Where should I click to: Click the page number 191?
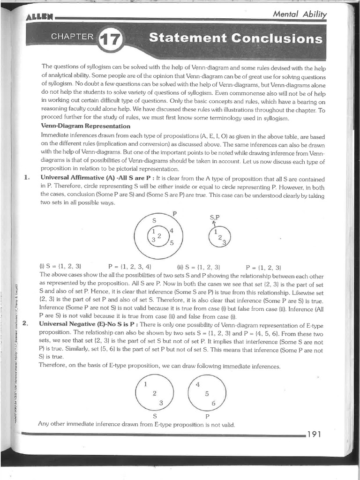(x=314, y=434)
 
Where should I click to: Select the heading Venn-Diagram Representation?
(x=86, y=126)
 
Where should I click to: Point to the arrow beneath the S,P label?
(x=214, y=224)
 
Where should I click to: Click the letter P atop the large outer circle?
(x=174, y=214)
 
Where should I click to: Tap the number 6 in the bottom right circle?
(x=213, y=403)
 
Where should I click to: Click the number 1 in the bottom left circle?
(x=145, y=383)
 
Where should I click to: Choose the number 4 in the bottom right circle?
(x=198, y=383)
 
